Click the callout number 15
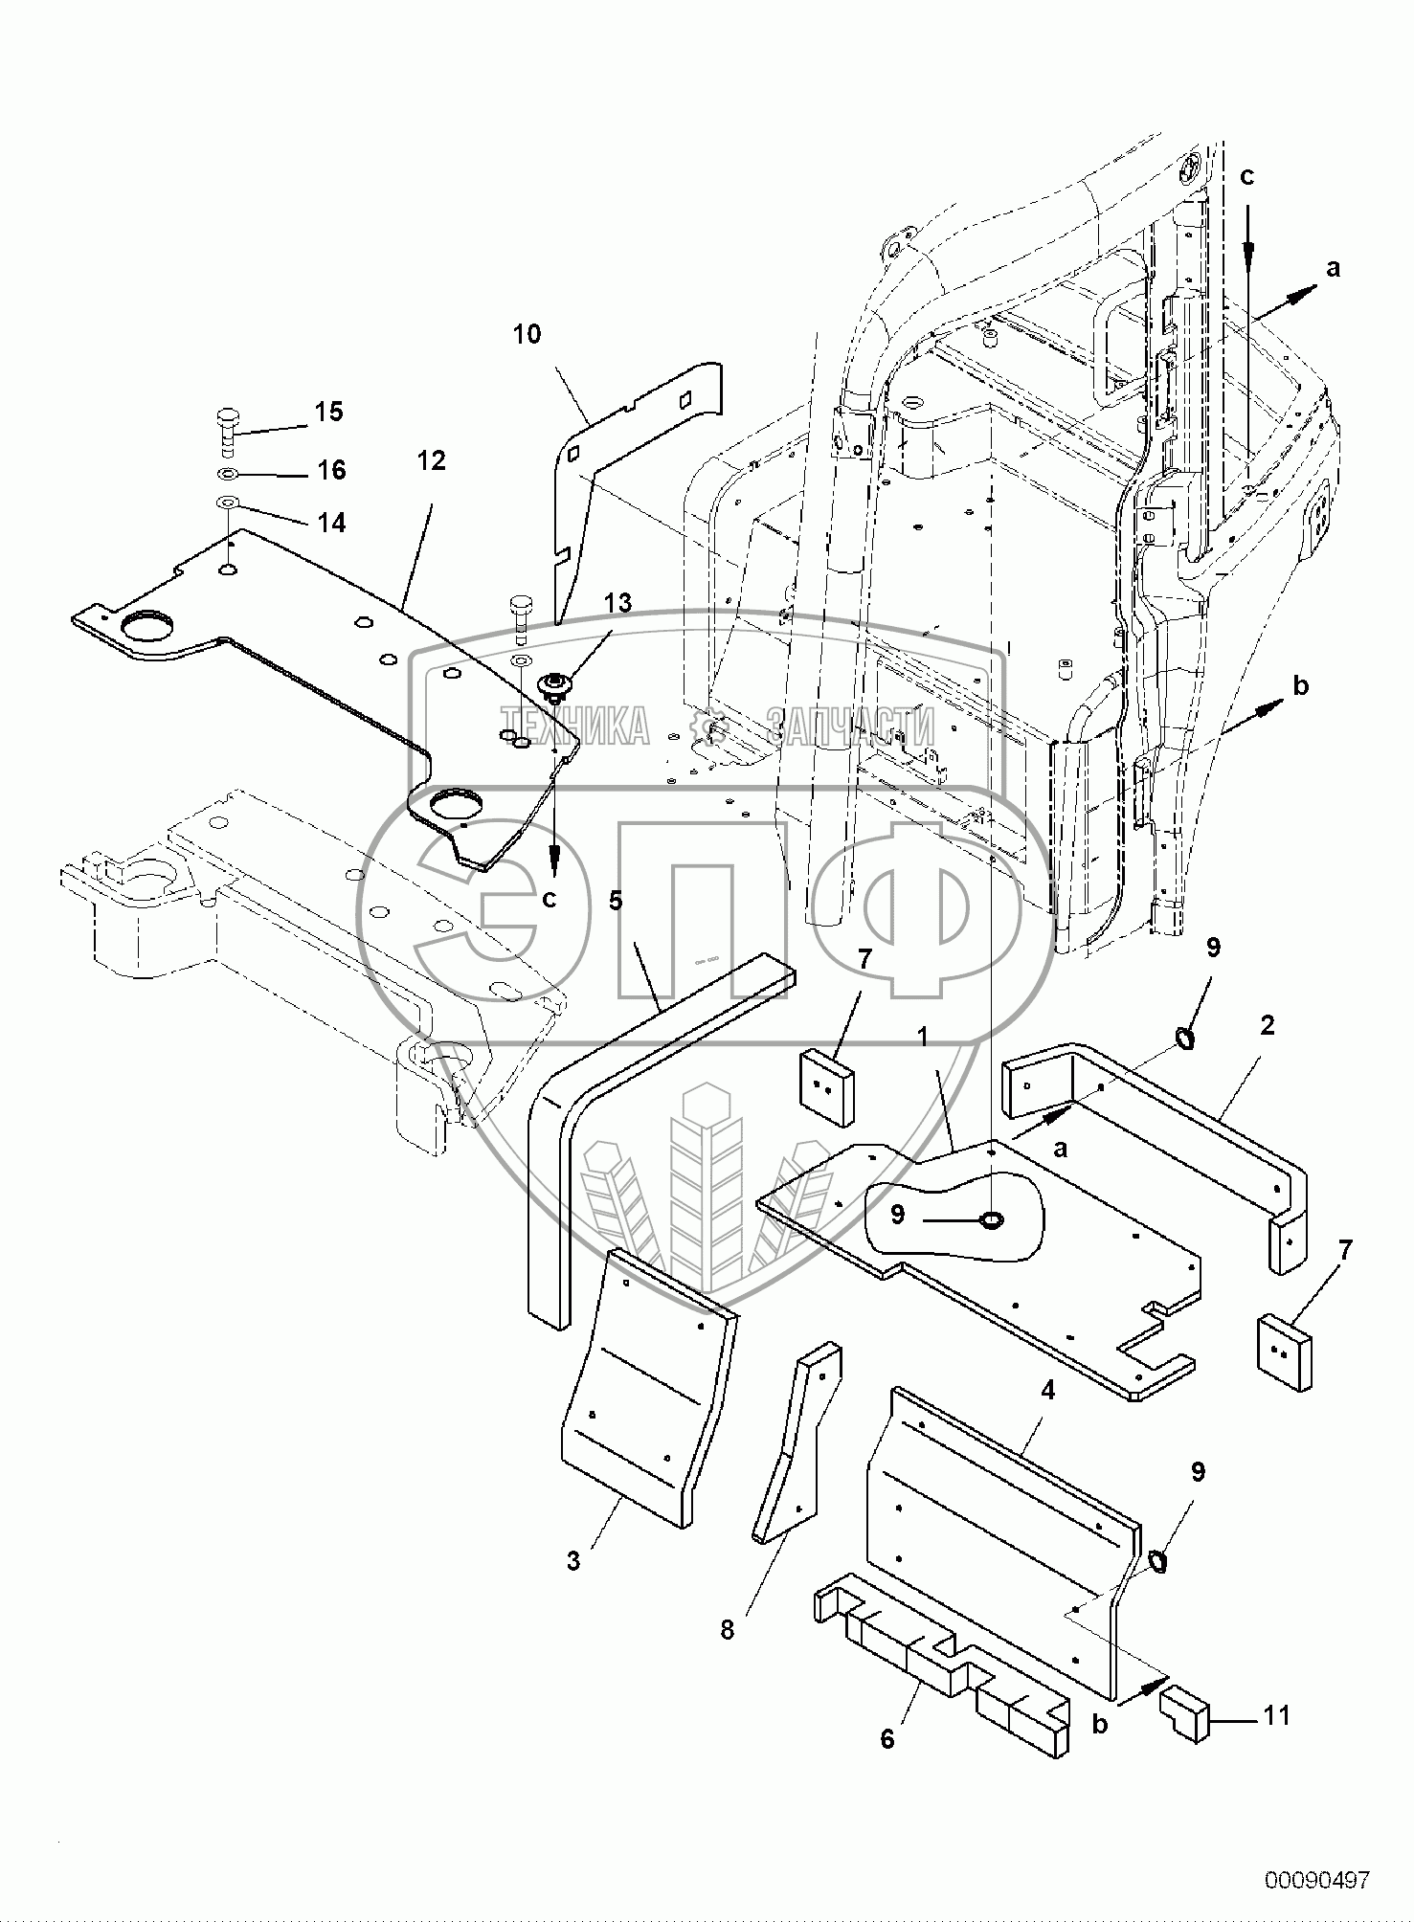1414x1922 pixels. (328, 413)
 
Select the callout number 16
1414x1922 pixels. (331, 470)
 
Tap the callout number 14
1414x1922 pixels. (331, 522)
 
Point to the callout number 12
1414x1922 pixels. (431, 461)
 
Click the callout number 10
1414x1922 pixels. (527, 334)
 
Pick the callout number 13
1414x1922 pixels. (618, 603)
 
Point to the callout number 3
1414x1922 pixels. (573, 1561)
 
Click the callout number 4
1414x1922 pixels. (1047, 1389)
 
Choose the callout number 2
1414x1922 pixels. (1268, 1025)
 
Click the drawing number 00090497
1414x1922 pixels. (1316, 1880)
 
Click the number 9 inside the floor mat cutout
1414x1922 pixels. (896, 1215)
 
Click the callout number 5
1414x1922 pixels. (616, 901)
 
